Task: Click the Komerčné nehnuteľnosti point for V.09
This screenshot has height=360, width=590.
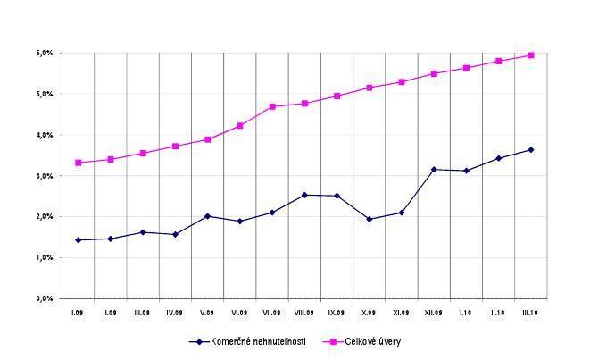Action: coord(207,216)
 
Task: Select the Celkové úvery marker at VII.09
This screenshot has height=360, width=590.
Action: coord(272,106)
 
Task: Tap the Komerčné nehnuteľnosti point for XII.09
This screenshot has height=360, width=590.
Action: coord(434,169)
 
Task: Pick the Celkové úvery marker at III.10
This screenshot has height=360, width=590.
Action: coord(530,55)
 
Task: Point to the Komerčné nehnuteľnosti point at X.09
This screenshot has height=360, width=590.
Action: coord(369,219)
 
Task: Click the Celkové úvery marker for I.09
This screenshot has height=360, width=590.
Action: coord(79,163)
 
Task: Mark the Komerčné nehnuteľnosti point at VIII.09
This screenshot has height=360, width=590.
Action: coord(304,195)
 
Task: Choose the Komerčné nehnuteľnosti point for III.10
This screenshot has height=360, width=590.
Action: coord(530,149)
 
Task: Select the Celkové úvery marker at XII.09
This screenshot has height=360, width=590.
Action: coord(434,73)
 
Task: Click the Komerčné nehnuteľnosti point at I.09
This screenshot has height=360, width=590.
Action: coord(79,240)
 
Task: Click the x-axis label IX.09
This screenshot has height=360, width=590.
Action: coord(337,314)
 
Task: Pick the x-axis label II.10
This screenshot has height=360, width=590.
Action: coord(498,314)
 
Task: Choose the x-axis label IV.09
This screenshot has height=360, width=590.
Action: coord(175,314)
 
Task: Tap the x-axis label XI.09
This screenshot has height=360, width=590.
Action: coord(401,314)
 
